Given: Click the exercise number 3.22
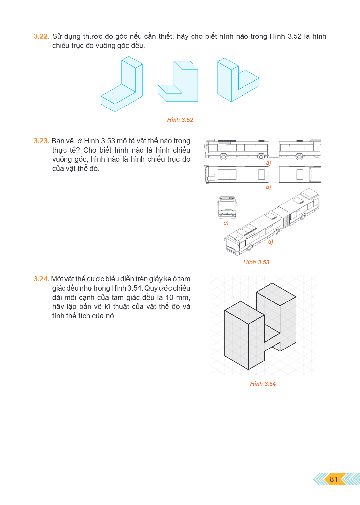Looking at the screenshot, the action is [x=41, y=36].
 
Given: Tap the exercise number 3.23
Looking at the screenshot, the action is [x=41, y=141].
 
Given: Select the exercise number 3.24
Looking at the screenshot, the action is [x=41, y=279].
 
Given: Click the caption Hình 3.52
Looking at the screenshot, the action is [x=180, y=120].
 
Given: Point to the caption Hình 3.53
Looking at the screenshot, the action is [x=256, y=262].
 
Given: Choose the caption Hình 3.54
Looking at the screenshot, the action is [x=263, y=384].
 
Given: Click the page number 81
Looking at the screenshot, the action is [x=334, y=479].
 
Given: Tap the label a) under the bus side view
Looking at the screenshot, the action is [x=268, y=163].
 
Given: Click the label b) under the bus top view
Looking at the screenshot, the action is [x=268, y=187].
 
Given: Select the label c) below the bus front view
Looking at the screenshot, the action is [x=226, y=223].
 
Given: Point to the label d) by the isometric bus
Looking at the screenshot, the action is [x=270, y=242].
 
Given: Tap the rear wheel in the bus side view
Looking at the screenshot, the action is [x=299, y=157].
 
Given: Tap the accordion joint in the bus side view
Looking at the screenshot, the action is [x=274, y=150].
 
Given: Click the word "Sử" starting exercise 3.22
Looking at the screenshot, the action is [x=57, y=36].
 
